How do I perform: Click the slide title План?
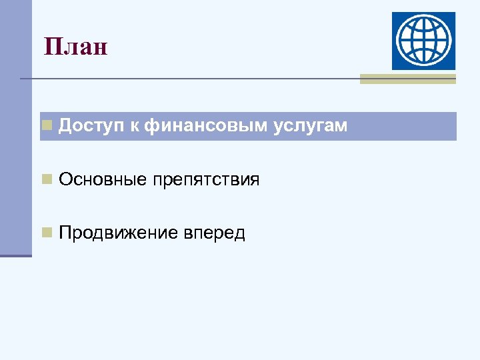(75, 47)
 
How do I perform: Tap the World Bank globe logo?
(423, 41)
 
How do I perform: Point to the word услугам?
(310, 126)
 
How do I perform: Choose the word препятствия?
(206, 180)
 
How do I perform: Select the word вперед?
(213, 233)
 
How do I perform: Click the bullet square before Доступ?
(47, 125)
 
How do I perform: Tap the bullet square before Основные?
(47, 178)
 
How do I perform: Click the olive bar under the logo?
(407, 79)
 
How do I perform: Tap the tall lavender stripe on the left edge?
(15, 127)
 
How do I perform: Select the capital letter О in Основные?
(65, 179)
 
